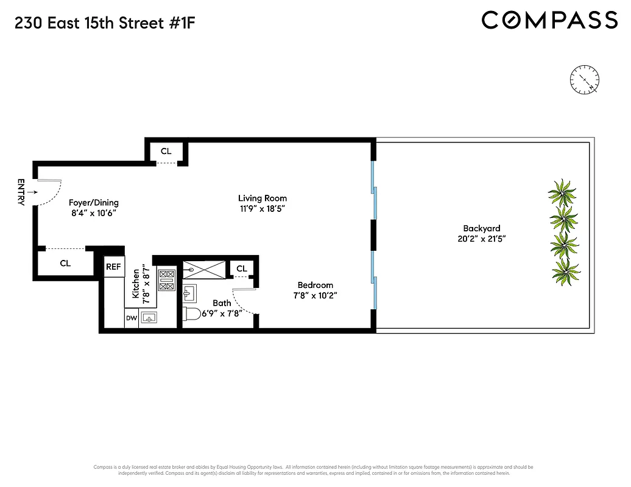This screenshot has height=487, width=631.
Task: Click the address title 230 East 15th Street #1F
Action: (105, 24)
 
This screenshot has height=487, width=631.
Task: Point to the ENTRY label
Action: (21, 192)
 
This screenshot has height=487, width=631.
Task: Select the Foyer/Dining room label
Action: (93, 203)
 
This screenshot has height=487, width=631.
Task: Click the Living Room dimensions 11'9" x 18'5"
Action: (262, 209)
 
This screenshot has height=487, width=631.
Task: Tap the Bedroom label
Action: (315, 285)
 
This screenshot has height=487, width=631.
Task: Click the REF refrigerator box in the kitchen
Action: (113, 267)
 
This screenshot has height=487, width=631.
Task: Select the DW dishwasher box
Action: (131, 318)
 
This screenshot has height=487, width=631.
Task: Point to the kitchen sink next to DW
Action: (149, 318)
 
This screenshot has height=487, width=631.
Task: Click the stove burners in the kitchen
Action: (166, 281)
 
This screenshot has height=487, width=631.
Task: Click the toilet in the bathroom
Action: (194, 315)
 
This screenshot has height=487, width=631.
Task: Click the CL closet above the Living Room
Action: (166, 151)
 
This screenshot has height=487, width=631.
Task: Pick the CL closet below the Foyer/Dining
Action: (65, 264)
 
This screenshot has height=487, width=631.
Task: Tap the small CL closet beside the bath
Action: (242, 268)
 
